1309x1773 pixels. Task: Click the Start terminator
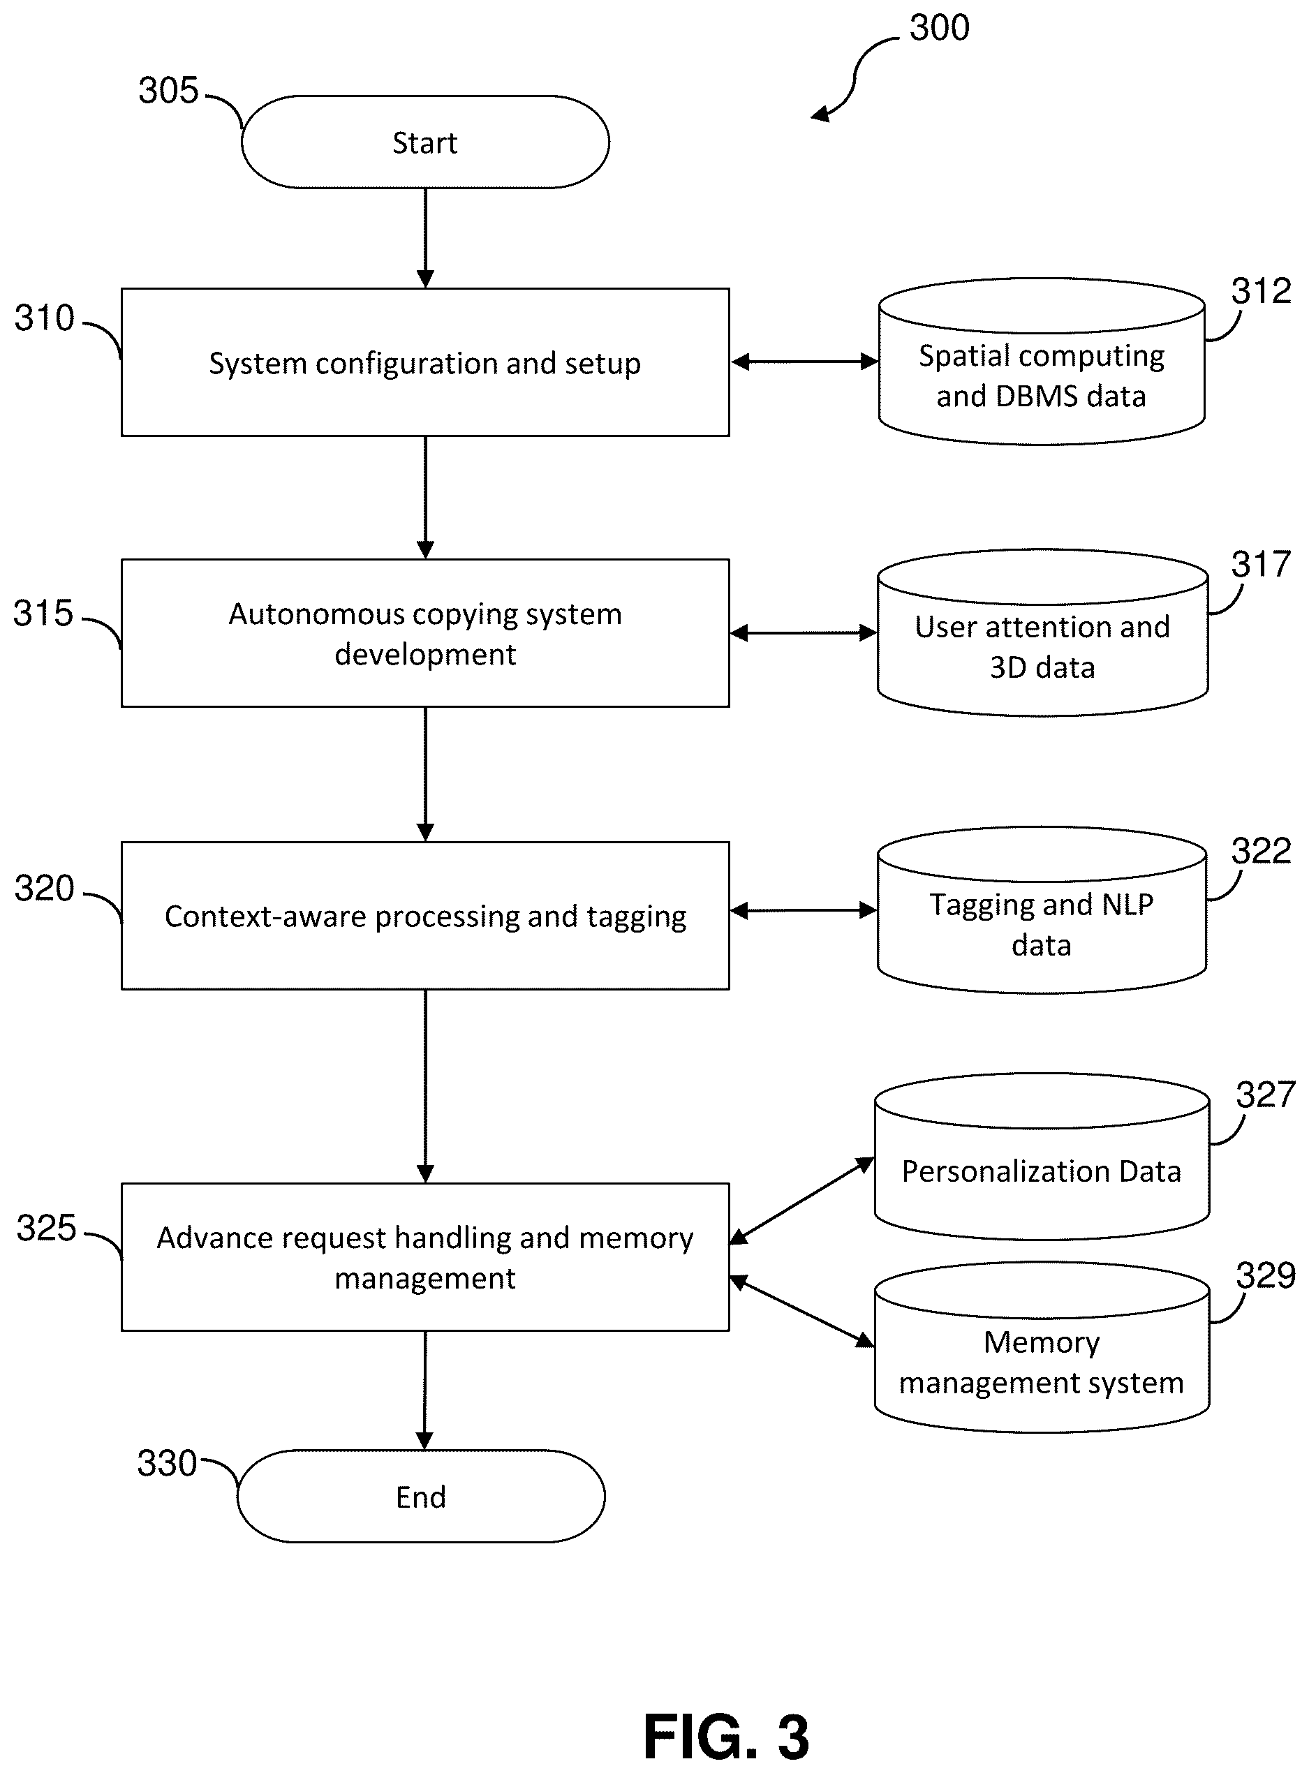point(425,142)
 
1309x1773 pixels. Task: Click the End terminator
point(421,1497)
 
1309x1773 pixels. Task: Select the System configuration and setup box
point(425,362)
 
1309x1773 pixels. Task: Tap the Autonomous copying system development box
point(425,633)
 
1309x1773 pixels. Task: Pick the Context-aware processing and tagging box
point(425,915)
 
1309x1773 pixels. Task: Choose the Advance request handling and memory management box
point(425,1257)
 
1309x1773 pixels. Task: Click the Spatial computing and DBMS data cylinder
point(1042,362)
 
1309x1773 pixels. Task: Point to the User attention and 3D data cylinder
point(1043,633)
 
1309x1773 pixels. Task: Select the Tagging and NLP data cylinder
point(1042,911)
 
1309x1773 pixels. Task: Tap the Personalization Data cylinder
point(1042,1157)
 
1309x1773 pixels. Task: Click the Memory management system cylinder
point(1042,1347)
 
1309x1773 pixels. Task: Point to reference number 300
point(940,28)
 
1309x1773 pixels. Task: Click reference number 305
point(169,90)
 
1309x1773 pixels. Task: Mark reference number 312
point(1262,291)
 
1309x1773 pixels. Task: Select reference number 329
point(1266,1275)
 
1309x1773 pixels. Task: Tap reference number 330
point(167,1463)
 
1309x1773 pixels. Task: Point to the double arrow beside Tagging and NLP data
point(804,911)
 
